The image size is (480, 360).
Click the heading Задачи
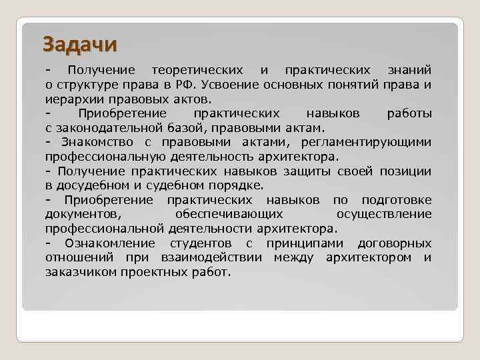point(80,44)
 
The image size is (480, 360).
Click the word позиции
point(405,171)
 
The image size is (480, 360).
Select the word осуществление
point(384,214)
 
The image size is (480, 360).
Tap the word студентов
point(201,243)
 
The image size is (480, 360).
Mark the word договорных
point(394,243)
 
